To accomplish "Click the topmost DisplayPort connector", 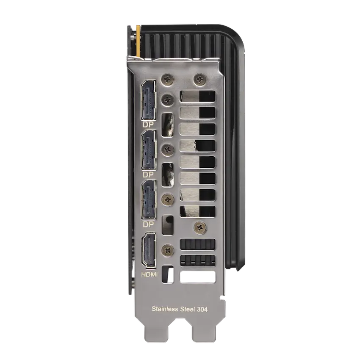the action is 149,100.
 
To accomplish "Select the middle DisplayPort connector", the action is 149,150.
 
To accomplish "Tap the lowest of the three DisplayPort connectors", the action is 149,199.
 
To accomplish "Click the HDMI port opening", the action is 149,250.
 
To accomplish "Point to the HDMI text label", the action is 149,274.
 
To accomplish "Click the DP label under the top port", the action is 148,125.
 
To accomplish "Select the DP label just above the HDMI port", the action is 148,224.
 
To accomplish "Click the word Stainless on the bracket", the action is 165,309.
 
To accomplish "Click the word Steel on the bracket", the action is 187,309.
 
